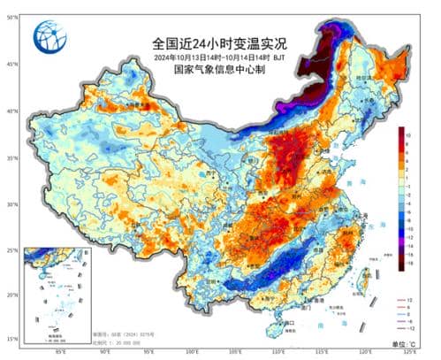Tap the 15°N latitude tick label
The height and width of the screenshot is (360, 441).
[x=12, y=339]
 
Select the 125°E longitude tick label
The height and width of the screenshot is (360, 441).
[x=408, y=352]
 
